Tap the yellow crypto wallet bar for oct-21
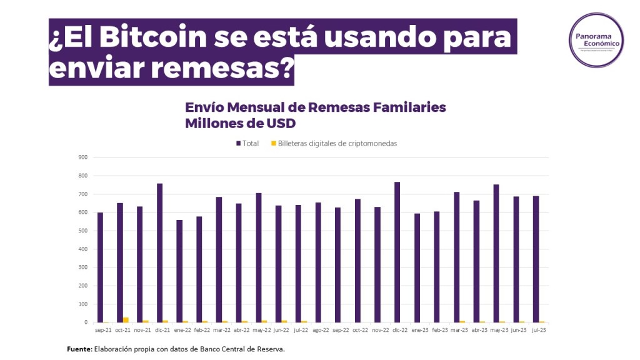[126, 320]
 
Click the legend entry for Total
[247, 143]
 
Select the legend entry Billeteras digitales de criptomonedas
[333, 143]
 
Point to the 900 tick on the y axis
[82, 157]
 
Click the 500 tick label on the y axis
[82, 231]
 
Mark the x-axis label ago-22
[321, 329]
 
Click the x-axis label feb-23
[440, 329]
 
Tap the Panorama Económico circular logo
[596, 39]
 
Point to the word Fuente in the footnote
[79, 349]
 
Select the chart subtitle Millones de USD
[239, 123]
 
